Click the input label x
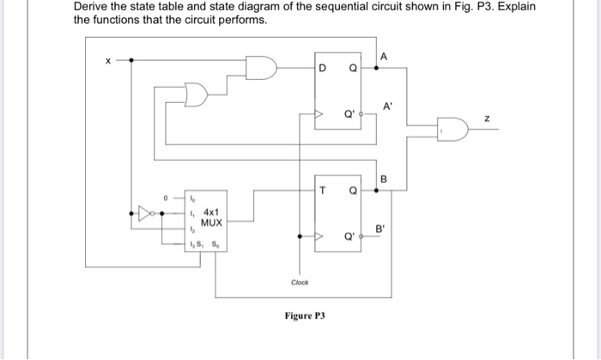pos(107,60)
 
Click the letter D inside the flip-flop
pos(322,68)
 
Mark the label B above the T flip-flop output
pos(384,179)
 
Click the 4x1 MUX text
pos(212,216)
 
